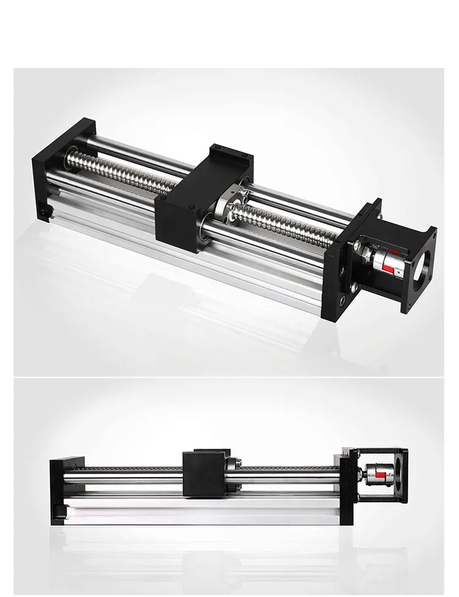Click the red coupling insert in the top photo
[387, 262]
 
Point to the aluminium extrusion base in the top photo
[184, 251]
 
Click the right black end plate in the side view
[346, 489]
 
